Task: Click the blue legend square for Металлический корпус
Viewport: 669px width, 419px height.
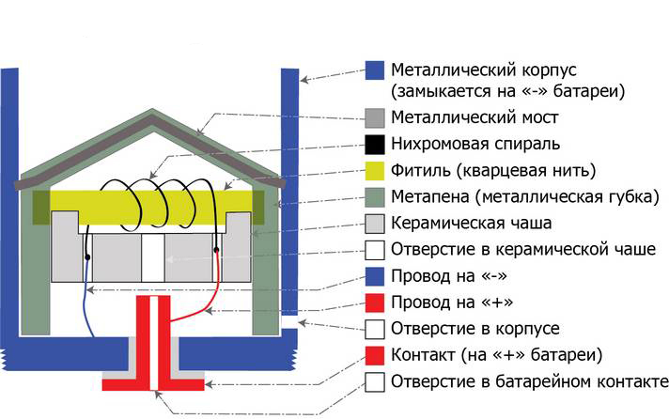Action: point(375,70)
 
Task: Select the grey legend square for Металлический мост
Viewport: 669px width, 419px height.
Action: point(375,118)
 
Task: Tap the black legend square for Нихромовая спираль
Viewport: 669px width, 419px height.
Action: point(375,145)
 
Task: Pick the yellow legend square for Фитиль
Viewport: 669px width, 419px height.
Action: point(375,171)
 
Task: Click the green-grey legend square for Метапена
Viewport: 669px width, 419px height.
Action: point(375,197)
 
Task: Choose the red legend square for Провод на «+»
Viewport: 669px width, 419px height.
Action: point(375,303)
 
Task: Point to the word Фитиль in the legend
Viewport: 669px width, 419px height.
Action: point(421,171)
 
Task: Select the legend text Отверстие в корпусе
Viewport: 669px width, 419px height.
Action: point(475,329)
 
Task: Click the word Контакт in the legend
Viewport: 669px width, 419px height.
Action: point(423,355)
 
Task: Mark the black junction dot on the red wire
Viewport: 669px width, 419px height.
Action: point(216,249)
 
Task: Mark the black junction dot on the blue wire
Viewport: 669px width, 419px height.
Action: point(87,257)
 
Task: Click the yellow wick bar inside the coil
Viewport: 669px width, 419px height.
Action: point(151,207)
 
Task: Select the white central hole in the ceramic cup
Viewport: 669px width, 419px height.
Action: point(153,257)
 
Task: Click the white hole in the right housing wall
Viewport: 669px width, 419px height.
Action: point(289,321)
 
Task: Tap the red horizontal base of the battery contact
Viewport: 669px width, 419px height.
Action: point(153,384)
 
